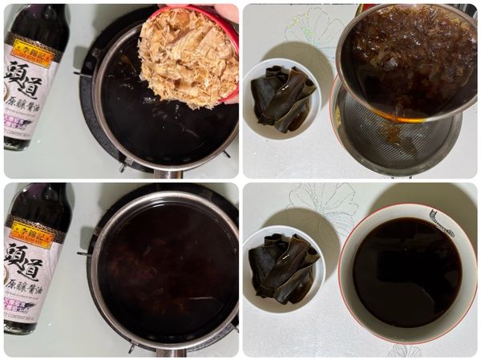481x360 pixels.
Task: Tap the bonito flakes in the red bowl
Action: [186, 56]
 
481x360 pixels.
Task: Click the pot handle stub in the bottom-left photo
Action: [169, 351]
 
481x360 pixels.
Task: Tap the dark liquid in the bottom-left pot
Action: [164, 265]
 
